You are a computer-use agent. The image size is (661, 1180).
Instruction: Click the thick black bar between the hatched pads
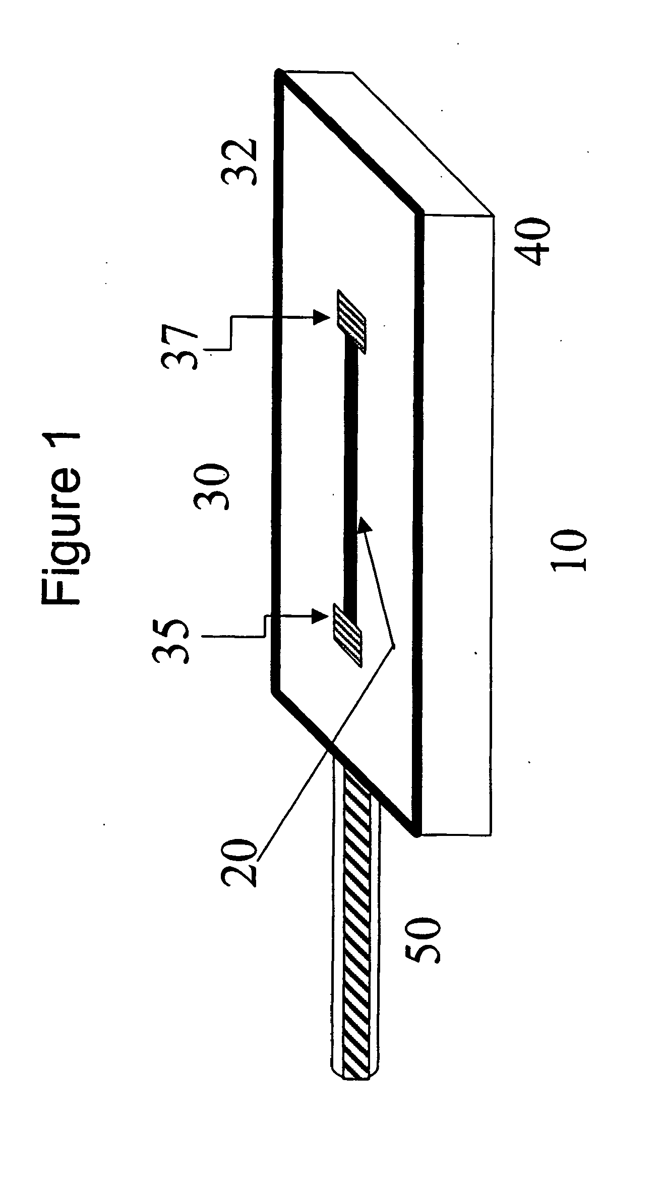[351, 477]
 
